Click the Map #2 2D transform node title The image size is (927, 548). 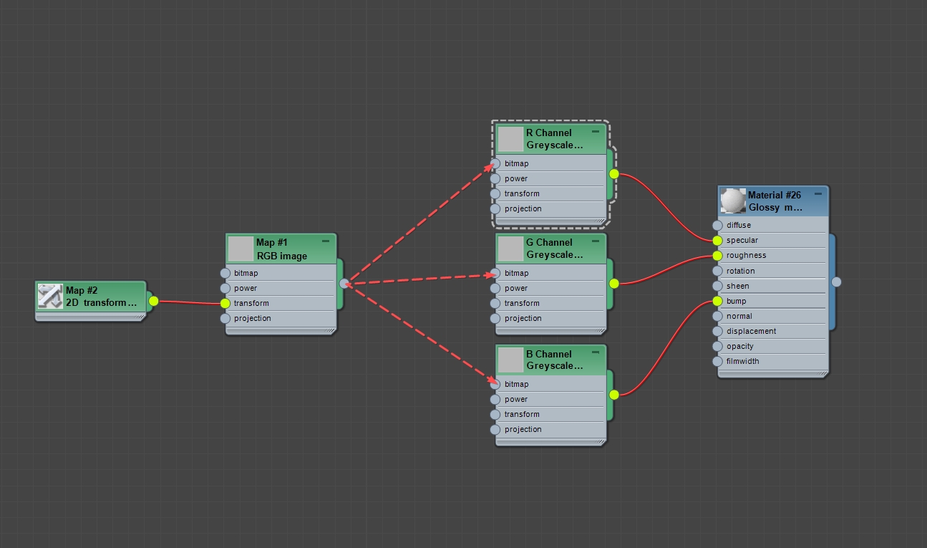tap(100, 297)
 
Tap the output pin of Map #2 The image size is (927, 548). tap(153, 301)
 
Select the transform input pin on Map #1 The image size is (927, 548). tap(225, 303)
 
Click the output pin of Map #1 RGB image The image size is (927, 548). tap(344, 284)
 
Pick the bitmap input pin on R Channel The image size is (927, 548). tap(495, 163)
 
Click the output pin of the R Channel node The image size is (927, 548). tap(614, 174)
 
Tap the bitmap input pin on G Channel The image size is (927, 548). tap(495, 273)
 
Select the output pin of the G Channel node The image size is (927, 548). tap(614, 284)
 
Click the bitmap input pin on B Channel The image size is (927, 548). tap(495, 384)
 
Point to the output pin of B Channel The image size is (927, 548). tap(614, 395)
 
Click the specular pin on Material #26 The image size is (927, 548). tap(717, 241)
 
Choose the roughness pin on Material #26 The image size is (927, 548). tap(717, 256)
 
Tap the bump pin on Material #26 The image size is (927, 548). tap(717, 301)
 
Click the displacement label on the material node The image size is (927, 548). tap(751, 331)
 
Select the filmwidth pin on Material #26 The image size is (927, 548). tap(717, 361)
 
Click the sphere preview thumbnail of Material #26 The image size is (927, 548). tap(733, 201)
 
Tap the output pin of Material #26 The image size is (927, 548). tap(836, 282)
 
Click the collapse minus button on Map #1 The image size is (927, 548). tap(326, 241)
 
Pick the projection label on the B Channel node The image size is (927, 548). tap(523, 429)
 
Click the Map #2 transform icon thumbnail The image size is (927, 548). tap(50, 297)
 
